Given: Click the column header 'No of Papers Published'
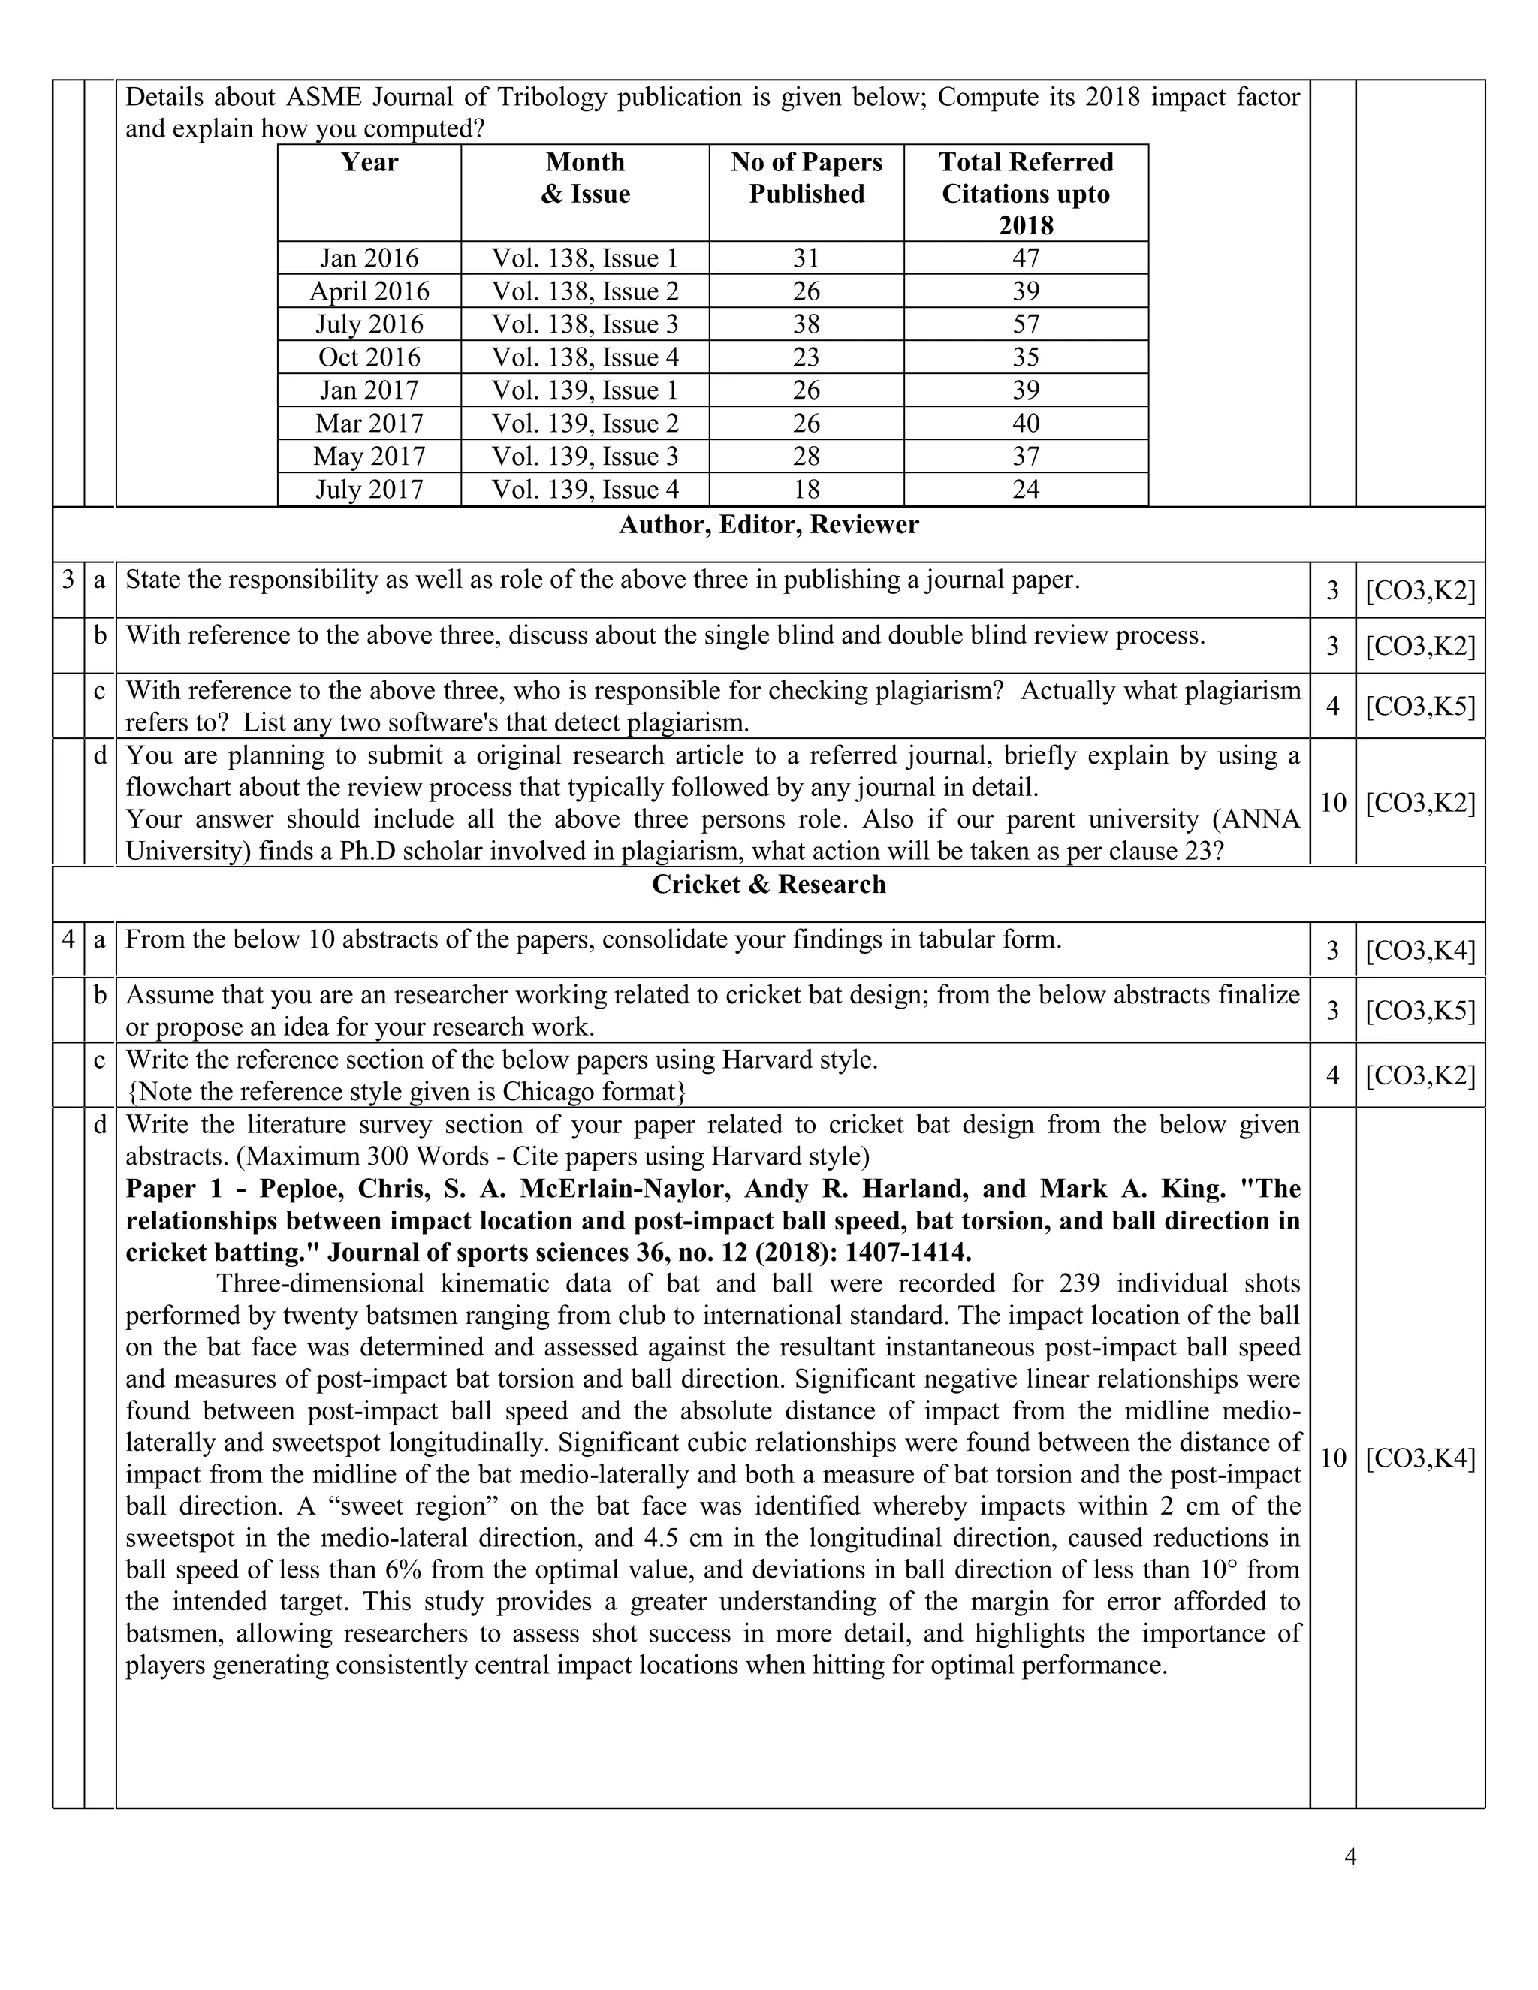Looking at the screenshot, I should [x=807, y=178].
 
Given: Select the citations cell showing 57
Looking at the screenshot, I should [x=1026, y=324].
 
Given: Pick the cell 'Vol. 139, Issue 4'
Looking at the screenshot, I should [x=585, y=490].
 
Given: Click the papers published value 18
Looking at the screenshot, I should [x=807, y=490].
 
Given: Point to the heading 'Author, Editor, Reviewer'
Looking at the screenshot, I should [x=768, y=525].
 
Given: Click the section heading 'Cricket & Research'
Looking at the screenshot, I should [x=768, y=885].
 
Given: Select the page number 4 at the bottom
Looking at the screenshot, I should [x=1350, y=1856].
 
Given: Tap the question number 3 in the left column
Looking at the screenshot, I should [x=68, y=580].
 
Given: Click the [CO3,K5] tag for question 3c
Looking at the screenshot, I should [x=1419, y=706].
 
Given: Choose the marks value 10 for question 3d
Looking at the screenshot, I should [x=1332, y=803].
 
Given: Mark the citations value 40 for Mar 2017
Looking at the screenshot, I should [x=1026, y=424].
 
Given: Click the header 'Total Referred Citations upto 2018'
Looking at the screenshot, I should [x=1026, y=193].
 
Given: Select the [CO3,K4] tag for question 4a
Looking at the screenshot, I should [x=1419, y=951].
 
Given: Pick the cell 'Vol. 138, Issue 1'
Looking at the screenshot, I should [x=585, y=259].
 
